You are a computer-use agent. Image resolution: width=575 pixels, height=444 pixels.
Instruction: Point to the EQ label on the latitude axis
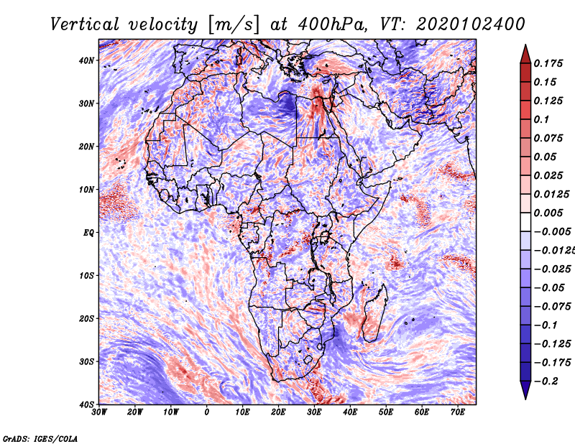click(x=88, y=233)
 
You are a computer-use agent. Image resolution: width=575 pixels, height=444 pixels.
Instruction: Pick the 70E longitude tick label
click(x=457, y=412)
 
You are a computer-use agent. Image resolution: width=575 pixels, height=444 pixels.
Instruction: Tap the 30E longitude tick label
click(x=314, y=412)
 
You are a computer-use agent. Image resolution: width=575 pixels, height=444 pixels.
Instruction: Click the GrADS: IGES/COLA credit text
click(x=40, y=438)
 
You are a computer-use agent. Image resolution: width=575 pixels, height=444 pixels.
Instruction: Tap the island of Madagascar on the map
click(x=374, y=314)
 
